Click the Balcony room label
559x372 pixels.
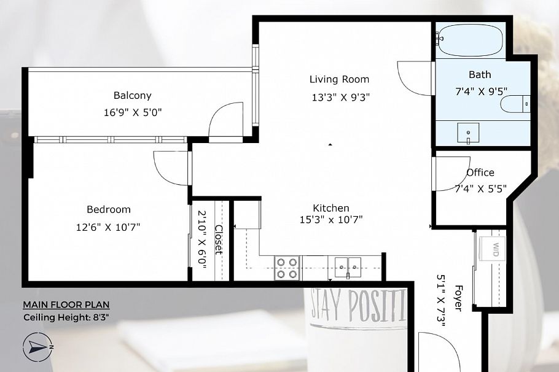pyautogui.click(x=132, y=96)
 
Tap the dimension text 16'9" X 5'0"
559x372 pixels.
pyautogui.click(x=133, y=112)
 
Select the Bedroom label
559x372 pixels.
pyautogui.click(x=108, y=209)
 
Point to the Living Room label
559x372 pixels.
pyautogui.click(x=339, y=79)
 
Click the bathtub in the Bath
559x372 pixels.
pyautogui.click(x=470, y=39)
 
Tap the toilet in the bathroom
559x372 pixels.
pyautogui.click(x=515, y=104)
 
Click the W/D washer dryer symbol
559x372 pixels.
pyautogui.click(x=495, y=249)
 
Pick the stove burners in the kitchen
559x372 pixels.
pyautogui.click(x=287, y=268)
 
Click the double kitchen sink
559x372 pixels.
pyautogui.click(x=348, y=266)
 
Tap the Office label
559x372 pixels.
pyautogui.click(x=480, y=172)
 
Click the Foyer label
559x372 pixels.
pyautogui.click(x=458, y=298)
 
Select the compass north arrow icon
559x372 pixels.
pyautogui.click(x=38, y=347)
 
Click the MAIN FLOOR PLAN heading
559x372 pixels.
pyautogui.click(x=66, y=304)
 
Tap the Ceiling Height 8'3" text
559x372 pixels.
pyautogui.click(x=66, y=317)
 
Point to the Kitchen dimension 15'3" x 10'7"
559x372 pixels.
pyautogui.click(x=330, y=220)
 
